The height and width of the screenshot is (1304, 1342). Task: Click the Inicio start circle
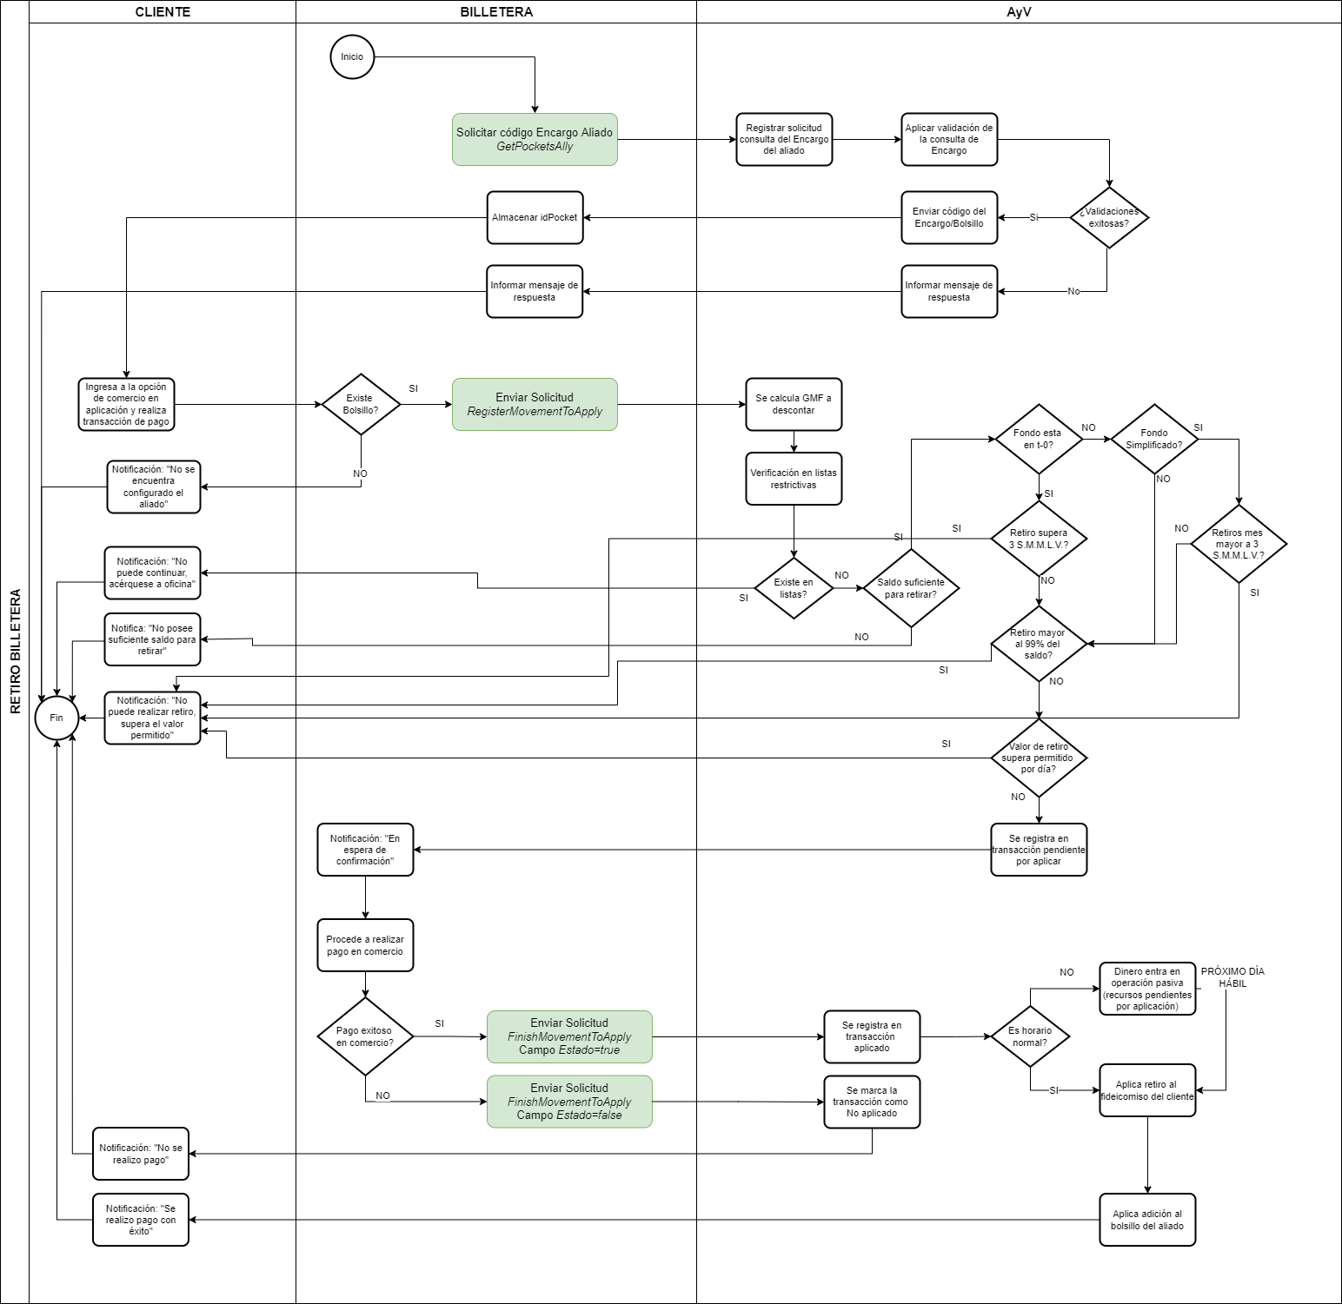click(x=352, y=57)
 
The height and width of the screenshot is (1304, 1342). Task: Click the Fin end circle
click(x=56, y=718)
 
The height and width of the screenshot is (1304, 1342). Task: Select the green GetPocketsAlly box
click(x=535, y=139)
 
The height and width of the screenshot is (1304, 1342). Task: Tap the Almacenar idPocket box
click(x=535, y=217)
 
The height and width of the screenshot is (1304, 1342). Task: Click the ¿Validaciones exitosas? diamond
click(x=1109, y=217)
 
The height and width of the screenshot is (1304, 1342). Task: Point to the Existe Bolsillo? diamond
click(x=360, y=404)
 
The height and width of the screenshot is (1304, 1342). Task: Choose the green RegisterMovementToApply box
click(x=535, y=404)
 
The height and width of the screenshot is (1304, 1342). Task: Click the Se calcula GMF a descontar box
click(x=793, y=404)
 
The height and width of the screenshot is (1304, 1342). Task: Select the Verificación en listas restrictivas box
click(x=793, y=479)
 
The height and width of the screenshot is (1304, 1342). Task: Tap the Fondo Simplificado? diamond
click(x=1154, y=439)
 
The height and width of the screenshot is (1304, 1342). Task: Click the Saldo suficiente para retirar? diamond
click(x=911, y=588)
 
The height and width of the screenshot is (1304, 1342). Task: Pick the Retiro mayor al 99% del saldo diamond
click(x=1039, y=644)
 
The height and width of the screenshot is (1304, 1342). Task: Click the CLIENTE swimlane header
click(x=163, y=12)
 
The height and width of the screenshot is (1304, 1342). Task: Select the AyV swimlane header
click(x=1019, y=12)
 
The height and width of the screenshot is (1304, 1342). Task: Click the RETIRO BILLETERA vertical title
click(x=15, y=652)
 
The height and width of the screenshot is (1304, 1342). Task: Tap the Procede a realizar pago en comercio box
click(x=365, y=945)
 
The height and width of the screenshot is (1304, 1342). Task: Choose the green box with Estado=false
click(x=569, y=1102)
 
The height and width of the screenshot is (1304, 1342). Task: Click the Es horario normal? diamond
click(x=1030, y=1036)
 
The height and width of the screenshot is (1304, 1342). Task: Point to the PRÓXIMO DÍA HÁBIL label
click(x=1232, y=977)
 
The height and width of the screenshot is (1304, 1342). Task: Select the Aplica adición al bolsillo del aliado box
click(x=1147, y=1220)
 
